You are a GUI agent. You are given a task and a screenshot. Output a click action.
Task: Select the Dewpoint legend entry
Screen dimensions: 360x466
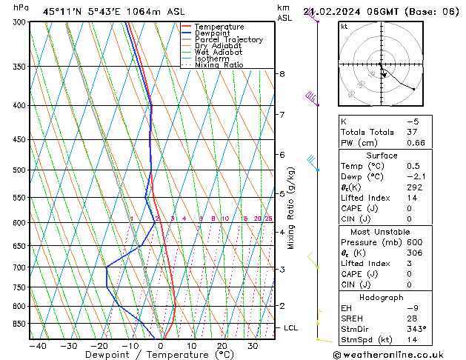215,33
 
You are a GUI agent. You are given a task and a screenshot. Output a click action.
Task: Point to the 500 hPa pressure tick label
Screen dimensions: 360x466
19,170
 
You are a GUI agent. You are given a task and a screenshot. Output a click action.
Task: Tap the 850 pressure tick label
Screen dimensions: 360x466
19,324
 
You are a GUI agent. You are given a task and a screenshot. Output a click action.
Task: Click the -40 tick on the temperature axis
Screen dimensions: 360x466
37,345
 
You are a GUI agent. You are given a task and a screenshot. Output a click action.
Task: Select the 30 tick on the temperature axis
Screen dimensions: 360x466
253,345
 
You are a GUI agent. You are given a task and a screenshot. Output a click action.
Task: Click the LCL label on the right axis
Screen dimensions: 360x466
291,327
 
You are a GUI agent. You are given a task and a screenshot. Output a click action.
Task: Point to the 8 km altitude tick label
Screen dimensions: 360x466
282,74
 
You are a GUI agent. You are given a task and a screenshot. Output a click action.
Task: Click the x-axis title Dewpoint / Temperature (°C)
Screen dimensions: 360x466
152,355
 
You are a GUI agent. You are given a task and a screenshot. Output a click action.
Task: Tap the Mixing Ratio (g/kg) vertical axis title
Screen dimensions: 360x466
291,208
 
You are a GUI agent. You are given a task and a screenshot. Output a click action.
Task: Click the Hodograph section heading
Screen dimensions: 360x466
382,297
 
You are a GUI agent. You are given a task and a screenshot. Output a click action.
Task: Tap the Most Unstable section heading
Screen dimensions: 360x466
382,232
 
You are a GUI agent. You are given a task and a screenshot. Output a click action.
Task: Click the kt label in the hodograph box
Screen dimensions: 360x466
344,26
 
